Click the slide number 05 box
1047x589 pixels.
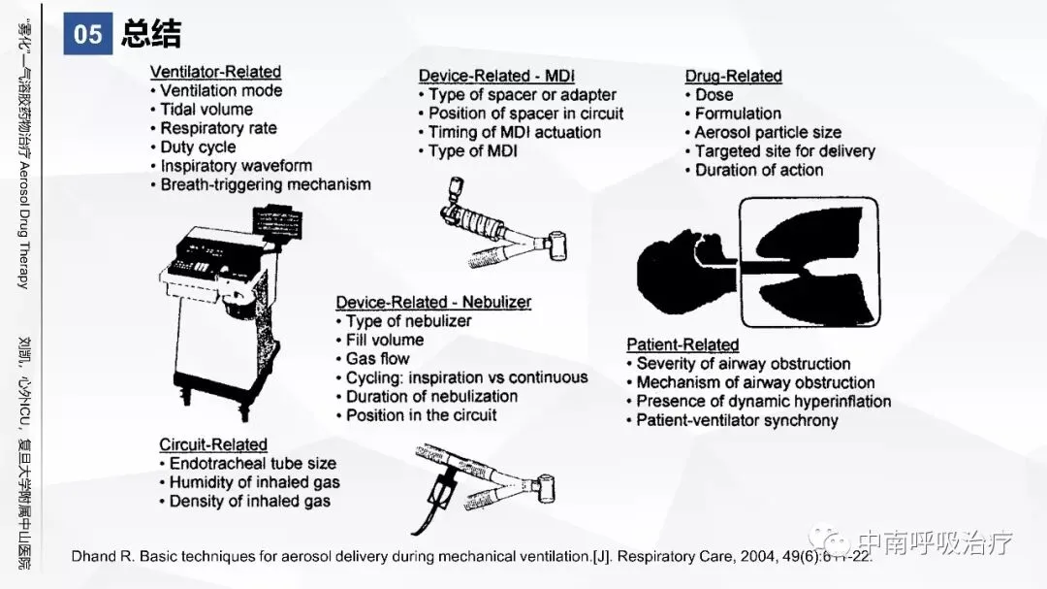coord(87,35)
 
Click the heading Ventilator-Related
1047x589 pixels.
coord(215,72)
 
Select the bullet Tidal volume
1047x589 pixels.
coord(206,110)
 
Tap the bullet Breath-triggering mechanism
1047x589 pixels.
coord(266,184)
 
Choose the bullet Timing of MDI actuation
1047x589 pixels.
coord(515,132)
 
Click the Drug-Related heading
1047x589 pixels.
coord(733,76)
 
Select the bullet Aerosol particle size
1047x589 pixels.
coord(768,132)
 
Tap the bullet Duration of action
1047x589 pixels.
coord(759,170)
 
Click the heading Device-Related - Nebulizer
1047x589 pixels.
coord(433,302)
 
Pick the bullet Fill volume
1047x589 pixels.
coord(385,340)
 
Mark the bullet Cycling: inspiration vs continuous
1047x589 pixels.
coord(466,377)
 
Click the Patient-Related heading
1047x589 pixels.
coord(682,344)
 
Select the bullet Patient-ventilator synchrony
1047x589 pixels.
coord(737,420)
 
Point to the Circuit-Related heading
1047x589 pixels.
coord(213,444)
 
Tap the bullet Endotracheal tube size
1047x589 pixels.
coord(253,464)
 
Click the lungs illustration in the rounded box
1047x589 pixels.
coord(809,263)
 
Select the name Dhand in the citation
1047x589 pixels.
coord(94,557)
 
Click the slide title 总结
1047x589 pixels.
coord(151,35)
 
